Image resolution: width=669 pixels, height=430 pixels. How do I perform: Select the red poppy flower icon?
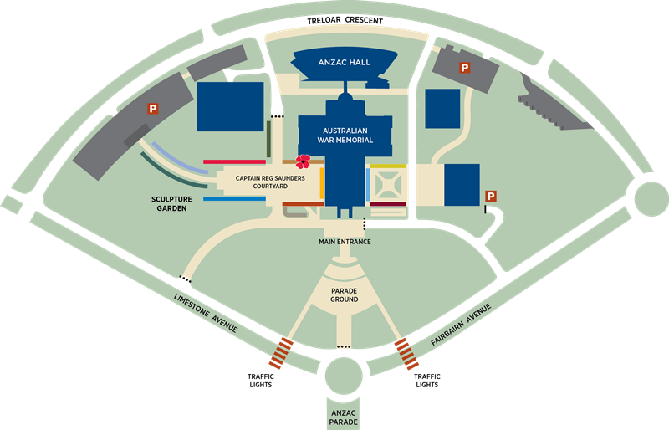pyautogui.click(x=304, y=161)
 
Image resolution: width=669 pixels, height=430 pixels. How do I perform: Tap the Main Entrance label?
pyautogui.click(x=345, y=242)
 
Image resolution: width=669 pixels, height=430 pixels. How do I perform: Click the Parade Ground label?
pyautogui.click(x=344, y=294)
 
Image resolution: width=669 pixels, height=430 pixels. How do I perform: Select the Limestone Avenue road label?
pyautogui.click(x=206, y=314)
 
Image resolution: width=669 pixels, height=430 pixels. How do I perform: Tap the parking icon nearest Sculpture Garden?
pyautogui.click(x=153, y=107)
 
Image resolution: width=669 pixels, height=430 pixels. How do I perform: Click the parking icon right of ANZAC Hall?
pyautogui.click(x=462, y=66)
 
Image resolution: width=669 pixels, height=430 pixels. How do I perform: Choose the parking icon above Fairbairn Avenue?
pyautogui.click(x=491, y=196)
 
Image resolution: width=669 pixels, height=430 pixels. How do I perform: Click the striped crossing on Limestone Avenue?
pyautogui.click(x=281, y=352)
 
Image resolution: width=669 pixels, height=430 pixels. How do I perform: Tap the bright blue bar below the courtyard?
pyautogui.click(x=228, y=200)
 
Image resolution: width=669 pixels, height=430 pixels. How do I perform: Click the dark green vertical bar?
pyautogui.click(x=268, y=138)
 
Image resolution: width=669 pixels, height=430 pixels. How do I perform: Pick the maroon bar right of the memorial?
pyautogui.click(x=387, y=202)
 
